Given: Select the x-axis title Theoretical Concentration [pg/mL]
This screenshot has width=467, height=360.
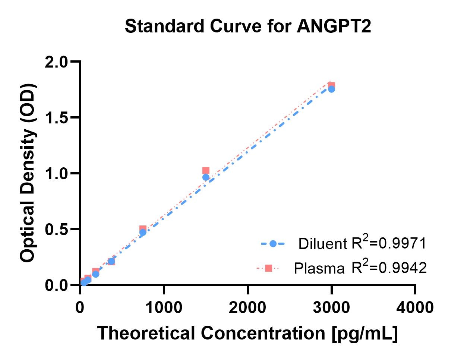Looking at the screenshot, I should (247, 333).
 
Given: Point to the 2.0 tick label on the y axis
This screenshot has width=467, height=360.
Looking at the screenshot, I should (56, 62).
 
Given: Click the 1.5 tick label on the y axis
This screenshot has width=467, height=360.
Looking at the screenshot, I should (56, 118).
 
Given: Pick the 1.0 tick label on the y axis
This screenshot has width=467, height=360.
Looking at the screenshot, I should (56, 174).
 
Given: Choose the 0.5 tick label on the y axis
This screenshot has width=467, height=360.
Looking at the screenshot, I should (56, 230).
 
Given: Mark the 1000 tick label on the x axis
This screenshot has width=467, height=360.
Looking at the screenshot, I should (164, 307).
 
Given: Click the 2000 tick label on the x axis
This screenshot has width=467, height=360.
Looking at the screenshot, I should (247, 307).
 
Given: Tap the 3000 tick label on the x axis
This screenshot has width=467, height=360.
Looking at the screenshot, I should (331, 307).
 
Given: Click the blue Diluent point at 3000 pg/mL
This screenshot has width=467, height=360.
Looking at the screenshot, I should (331, 89).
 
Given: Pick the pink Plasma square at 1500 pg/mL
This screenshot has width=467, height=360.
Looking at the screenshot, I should (206, 171).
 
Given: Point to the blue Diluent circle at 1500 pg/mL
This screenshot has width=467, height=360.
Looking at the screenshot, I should (206, 177).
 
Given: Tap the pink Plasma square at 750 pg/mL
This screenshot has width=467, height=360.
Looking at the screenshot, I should (143, 229).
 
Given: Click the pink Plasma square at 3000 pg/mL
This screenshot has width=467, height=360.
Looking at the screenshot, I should (331, 85).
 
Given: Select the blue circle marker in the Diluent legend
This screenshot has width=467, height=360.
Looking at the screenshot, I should (273, 244).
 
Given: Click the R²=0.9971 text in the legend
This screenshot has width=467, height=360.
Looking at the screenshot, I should (388, 243).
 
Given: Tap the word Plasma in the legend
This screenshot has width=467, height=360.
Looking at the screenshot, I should (319, 268).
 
